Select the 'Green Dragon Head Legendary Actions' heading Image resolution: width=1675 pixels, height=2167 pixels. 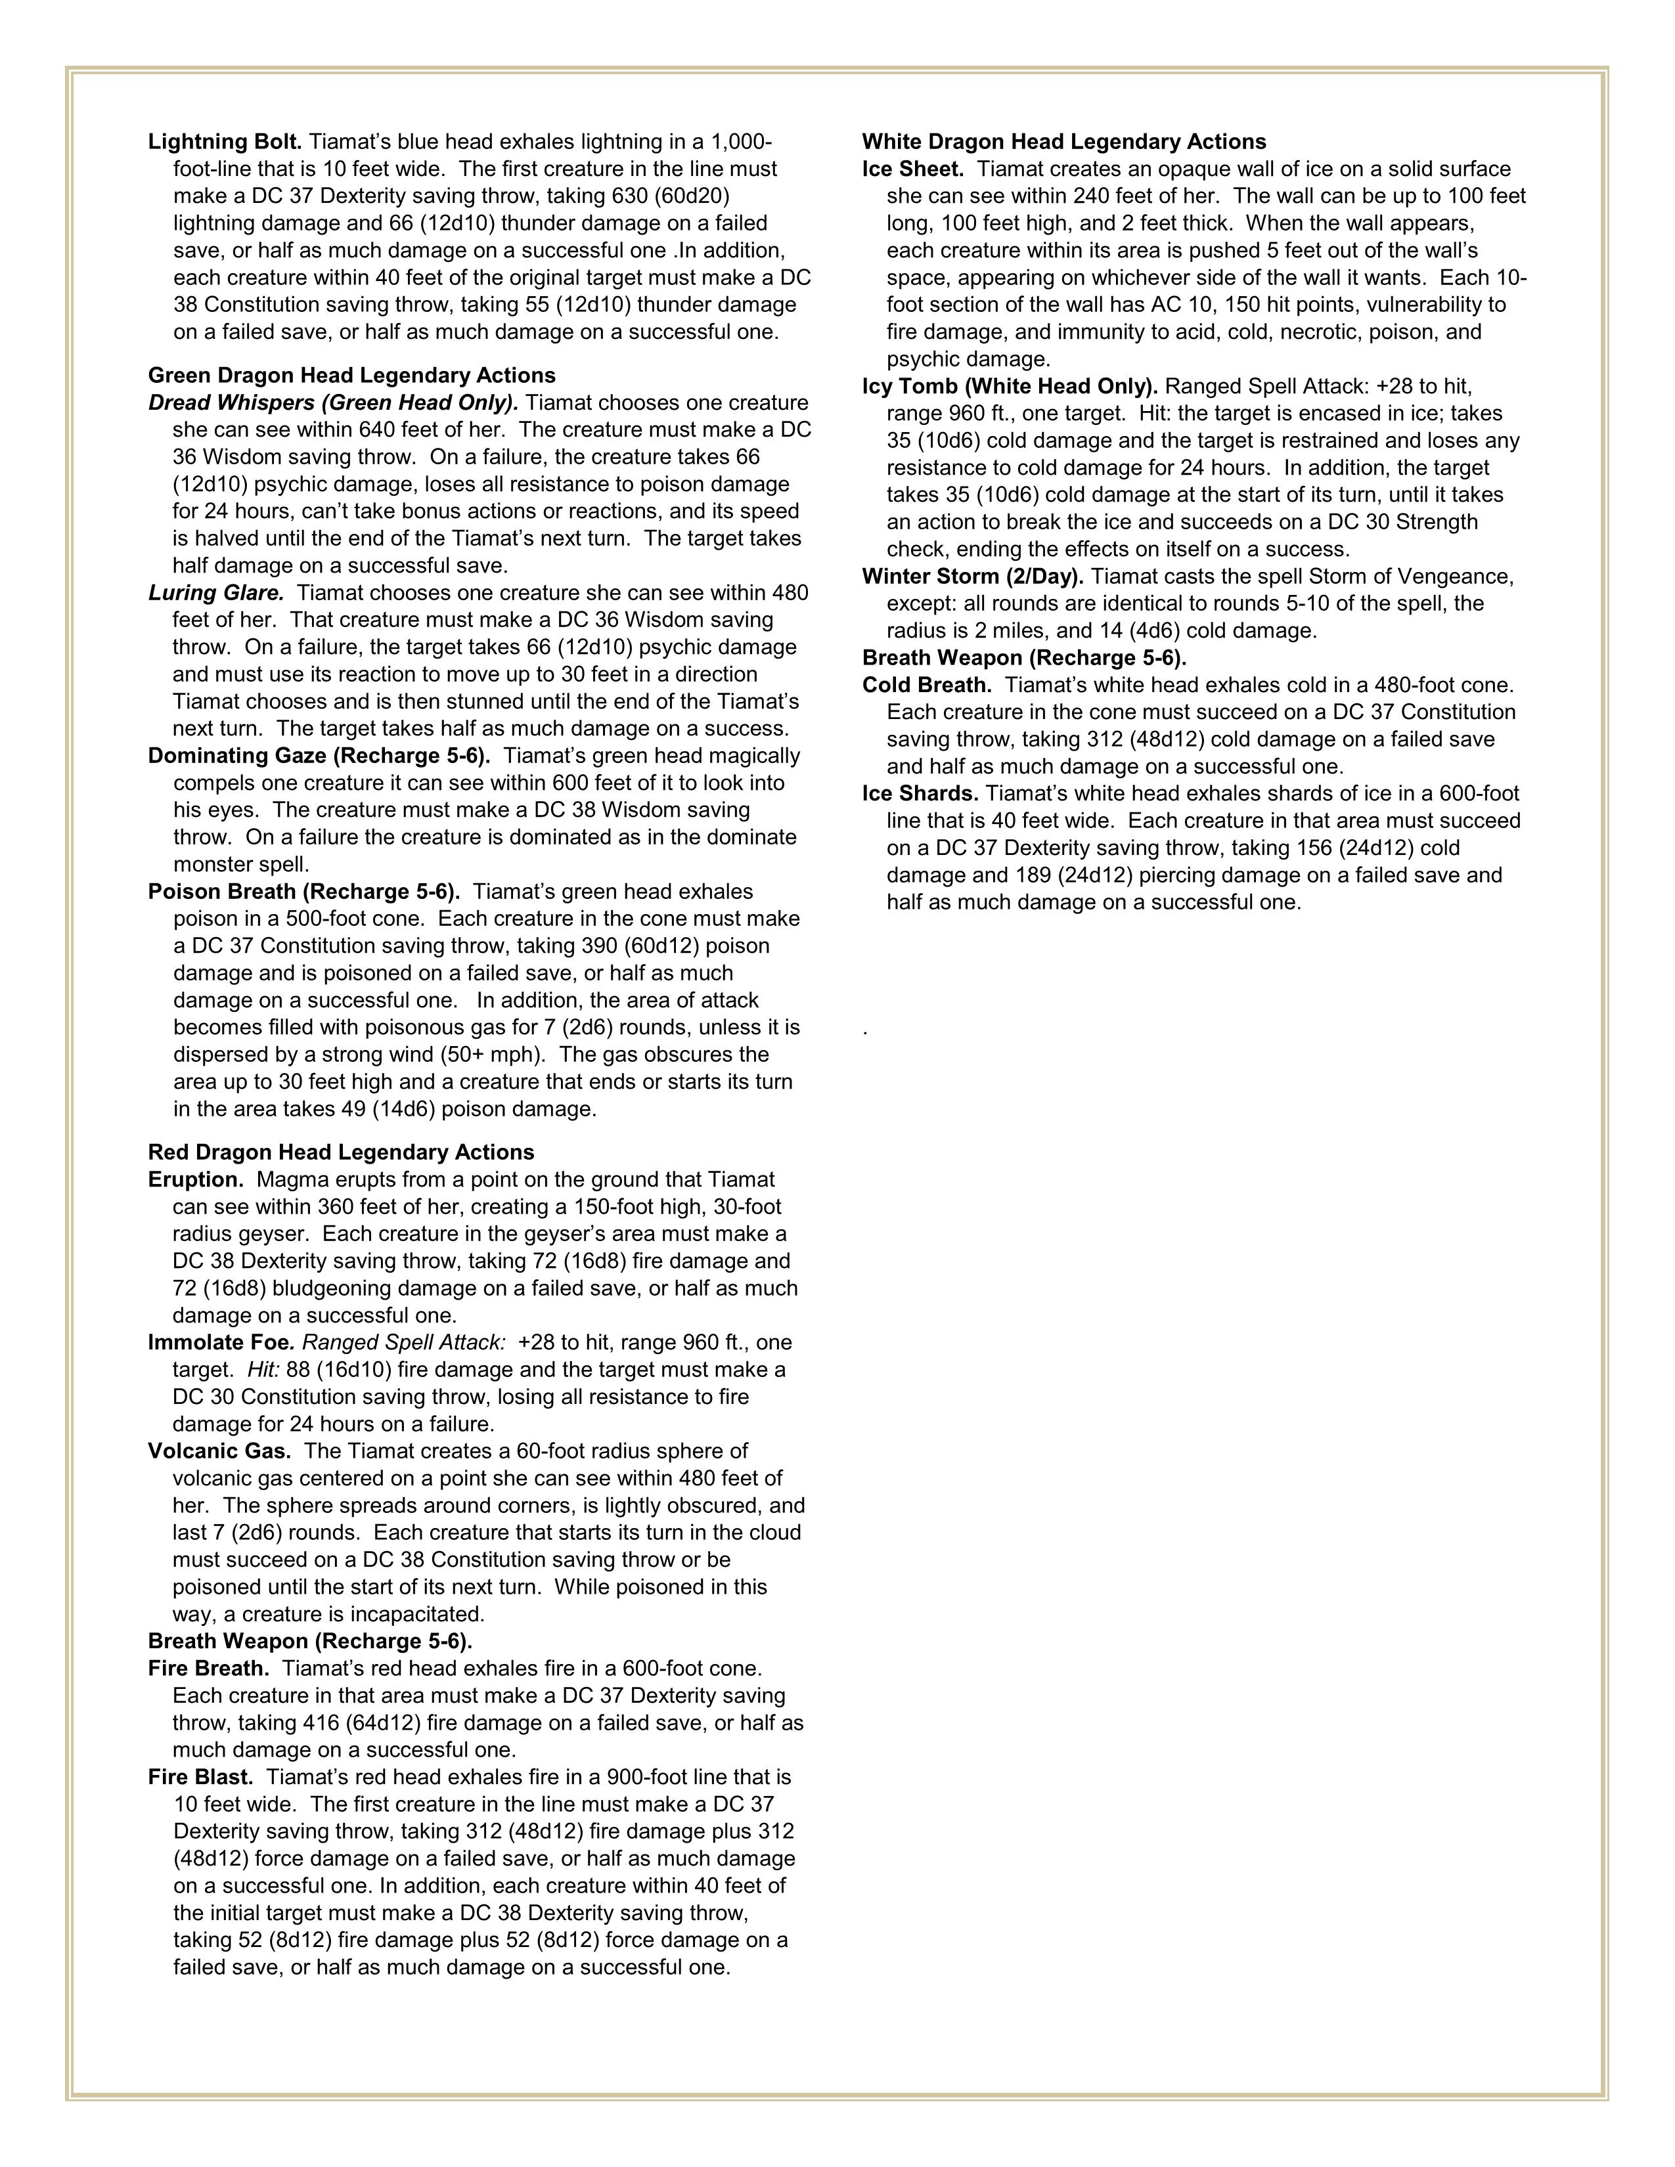pyautogui.click(x=351, y=375)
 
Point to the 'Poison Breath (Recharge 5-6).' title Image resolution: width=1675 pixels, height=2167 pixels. pyautogui.click(x=303, y=892)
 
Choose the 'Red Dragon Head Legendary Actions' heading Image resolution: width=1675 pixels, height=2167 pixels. pyautogui.click(x=340, y=1152)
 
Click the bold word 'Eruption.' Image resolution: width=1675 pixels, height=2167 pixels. pyautogui.click(x=196, y=1180)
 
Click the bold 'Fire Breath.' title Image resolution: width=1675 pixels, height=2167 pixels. pyautogui.click(x=208, y=1669)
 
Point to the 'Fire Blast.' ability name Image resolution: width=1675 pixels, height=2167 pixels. pyautogui.click(x=200, y=1777)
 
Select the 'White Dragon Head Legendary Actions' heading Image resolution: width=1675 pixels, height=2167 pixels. pyautogui.click(x=1063, y=142)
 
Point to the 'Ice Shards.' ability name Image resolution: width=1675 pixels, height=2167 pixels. pyautogui.click(x=920, y=794)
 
